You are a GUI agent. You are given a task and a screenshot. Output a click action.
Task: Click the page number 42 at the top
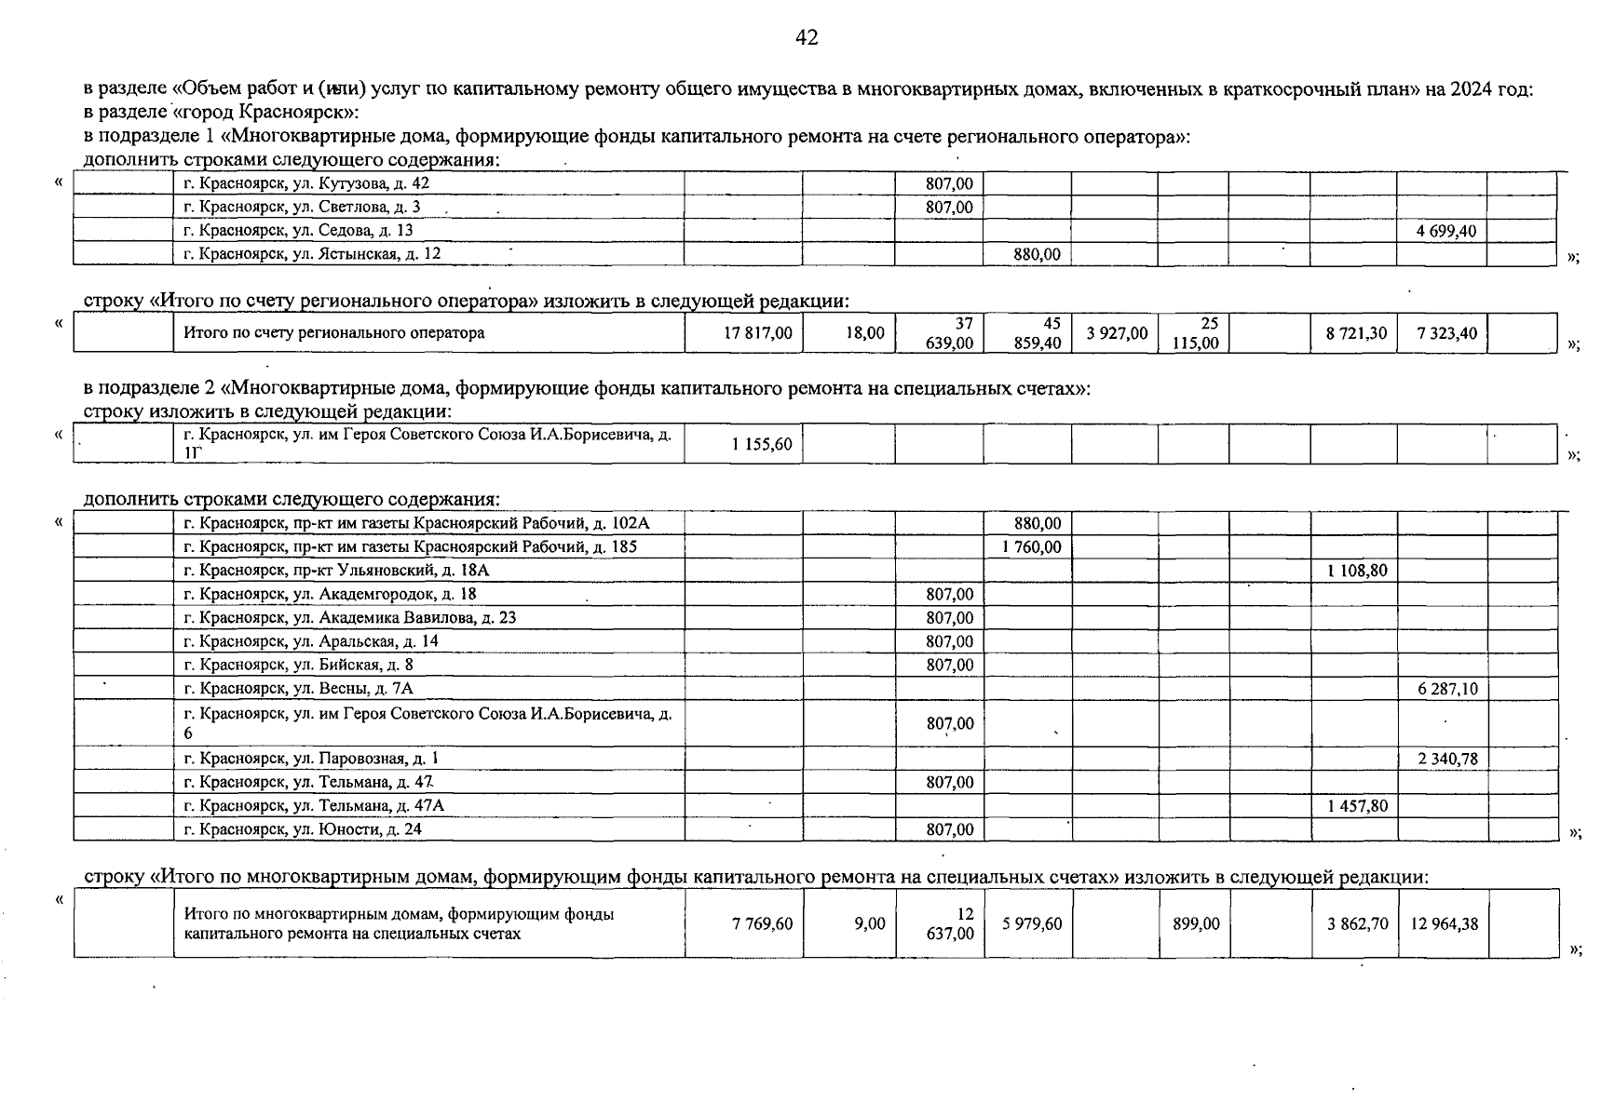click(807, 38)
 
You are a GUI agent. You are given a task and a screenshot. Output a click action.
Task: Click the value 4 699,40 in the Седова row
click(1445, 231)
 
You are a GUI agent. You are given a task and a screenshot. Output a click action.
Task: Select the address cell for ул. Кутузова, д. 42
click(306, 184)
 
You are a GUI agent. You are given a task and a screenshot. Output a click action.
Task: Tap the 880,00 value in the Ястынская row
click(1037, 254)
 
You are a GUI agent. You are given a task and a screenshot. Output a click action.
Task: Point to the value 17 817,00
click(758, 333)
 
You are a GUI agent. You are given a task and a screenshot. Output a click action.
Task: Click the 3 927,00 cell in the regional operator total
click(1117, 333)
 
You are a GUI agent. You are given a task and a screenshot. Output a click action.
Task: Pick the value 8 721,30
click(1356, 333)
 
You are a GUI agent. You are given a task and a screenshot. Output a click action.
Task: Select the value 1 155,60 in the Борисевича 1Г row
click(761, 445)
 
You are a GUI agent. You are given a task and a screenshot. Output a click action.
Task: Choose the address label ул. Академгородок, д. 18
click(331, 594)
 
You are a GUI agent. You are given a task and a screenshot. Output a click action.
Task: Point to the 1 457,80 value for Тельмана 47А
click(1357, 806)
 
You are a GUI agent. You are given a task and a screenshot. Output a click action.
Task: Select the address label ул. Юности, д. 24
click(303, 829)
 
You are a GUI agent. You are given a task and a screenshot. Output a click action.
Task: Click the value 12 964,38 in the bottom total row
click(1445, 924)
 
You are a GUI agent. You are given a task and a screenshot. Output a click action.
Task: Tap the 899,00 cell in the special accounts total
click(1196, 924)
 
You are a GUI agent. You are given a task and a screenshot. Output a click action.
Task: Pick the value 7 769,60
click(762, 924)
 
